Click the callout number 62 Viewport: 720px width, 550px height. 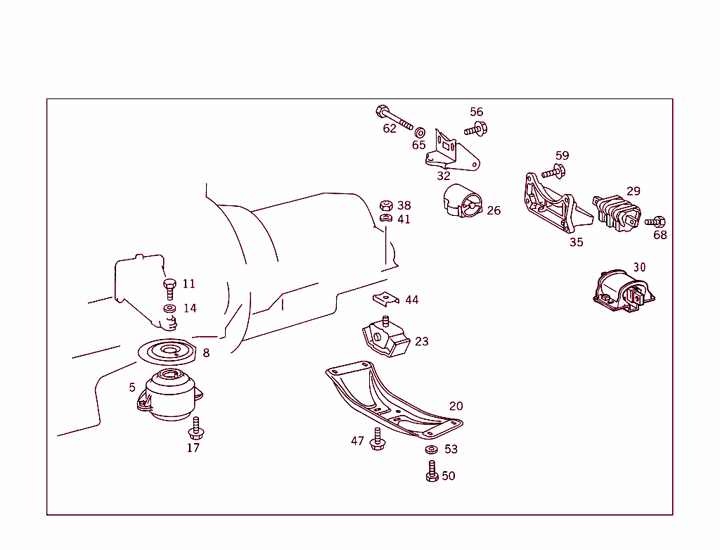390,129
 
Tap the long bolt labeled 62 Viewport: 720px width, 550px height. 395,119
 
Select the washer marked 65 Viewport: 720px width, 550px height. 420,132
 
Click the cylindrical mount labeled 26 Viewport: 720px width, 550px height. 461,201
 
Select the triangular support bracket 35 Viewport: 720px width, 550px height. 555,205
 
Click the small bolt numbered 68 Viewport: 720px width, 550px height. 657,222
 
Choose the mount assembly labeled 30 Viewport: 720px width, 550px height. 624,290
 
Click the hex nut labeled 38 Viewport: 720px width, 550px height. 385,205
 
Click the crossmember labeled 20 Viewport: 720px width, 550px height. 394,401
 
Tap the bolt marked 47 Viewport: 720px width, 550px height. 378,440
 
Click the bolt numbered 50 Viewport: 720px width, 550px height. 432,471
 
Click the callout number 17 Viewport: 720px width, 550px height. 193,447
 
